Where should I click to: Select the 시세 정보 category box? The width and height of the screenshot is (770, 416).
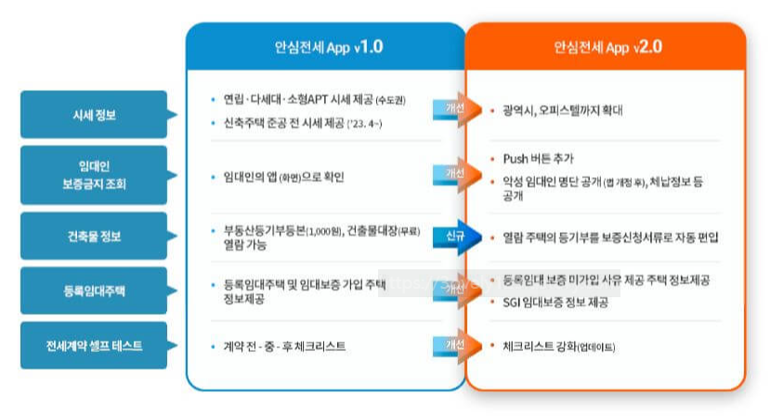[x=95, y=115]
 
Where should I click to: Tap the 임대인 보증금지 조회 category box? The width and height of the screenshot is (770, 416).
[x=95, y=175]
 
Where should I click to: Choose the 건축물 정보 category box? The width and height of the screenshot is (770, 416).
[x=95, y=236]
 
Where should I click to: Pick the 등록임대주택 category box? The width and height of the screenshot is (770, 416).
[x=95, y=291]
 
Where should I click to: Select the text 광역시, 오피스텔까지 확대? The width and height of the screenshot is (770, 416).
[x=562, y=110]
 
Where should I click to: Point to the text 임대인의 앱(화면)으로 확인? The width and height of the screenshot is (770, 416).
[x=279, y=175]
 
